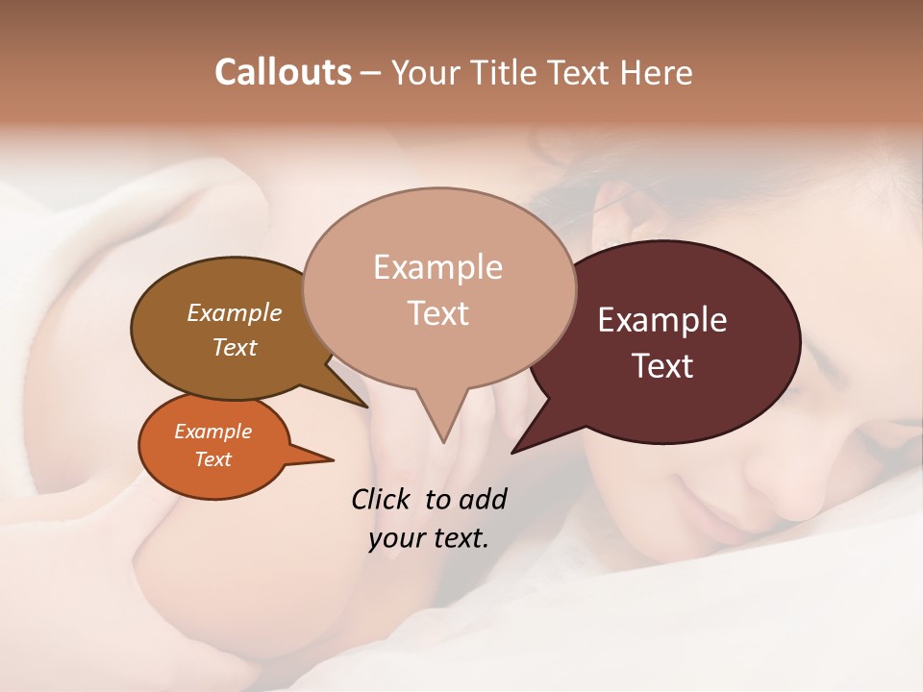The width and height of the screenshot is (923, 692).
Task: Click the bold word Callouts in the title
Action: tap(283, 72)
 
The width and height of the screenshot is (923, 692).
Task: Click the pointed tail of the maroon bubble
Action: tap(515, 449)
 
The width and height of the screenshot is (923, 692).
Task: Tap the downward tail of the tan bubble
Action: tap(442, 437)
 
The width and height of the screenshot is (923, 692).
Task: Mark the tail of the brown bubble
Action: tap(363, 404)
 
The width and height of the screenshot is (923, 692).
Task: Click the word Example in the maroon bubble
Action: tap(661, 320)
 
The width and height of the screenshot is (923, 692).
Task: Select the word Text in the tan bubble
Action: tap(437, 313)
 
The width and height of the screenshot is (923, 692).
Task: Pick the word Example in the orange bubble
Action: tap(212, 432)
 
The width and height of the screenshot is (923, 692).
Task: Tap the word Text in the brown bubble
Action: tap(234, 347)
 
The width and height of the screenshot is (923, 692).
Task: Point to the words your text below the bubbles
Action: tap(428, 538)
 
